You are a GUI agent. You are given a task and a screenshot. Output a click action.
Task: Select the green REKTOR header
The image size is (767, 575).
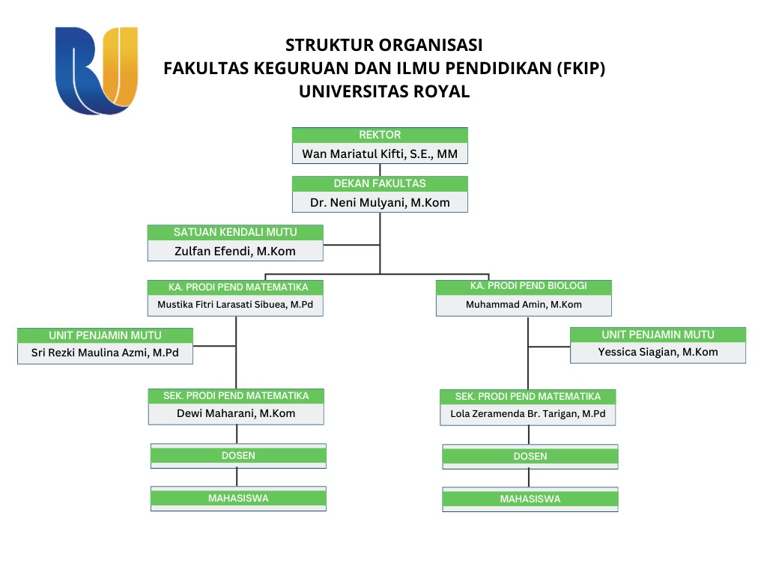tap(380, 136)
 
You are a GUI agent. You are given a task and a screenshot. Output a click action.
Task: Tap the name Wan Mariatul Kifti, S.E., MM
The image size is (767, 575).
tap(380, 154)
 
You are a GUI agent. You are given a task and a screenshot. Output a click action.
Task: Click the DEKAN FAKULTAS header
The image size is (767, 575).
tap(380, 183)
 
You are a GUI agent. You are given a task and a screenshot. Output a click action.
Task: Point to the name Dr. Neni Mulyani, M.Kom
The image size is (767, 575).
tap(380, 202)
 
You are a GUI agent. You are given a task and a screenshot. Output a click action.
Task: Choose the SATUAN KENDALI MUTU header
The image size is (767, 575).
tap(235, 233)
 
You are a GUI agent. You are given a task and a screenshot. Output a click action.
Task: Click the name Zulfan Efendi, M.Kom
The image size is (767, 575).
tap(235, 252)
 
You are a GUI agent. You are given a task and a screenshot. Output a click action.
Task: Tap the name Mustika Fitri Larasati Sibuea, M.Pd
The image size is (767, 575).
tap(235, 305)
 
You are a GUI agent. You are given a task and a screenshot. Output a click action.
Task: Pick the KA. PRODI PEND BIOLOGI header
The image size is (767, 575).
tap(524, 287)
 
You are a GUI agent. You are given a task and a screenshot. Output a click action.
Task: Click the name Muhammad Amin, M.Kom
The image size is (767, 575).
tap(524, 305)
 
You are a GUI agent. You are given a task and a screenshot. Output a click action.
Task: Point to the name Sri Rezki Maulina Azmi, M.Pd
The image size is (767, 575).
tap(105, 352)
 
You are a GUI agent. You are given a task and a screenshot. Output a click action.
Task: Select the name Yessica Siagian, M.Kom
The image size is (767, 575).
tap(658, 352)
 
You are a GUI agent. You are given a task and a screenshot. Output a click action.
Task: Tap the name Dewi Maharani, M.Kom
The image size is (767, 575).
tap(236, 413)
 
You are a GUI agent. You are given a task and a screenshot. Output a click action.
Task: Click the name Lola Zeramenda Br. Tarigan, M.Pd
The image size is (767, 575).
tap(528, 414)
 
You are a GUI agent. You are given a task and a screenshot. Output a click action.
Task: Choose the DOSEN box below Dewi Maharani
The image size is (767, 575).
tap(238, 456)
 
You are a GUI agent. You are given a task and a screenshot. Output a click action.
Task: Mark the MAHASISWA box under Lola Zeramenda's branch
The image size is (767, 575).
tap(530, 499)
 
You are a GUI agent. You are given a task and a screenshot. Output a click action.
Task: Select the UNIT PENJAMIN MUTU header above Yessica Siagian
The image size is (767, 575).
tap(658, 335)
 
